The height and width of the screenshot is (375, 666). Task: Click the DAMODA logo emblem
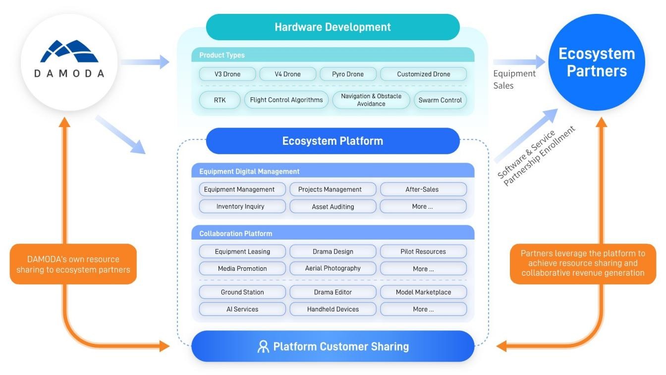point(69,51)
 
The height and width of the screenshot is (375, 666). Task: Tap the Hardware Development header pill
point(333,27)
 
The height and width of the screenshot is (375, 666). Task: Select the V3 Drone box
point(227,74)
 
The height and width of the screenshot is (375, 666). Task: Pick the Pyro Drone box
point(348,74)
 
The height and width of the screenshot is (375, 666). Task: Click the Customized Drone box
point(423,74)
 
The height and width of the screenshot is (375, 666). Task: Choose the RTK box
point(220,100)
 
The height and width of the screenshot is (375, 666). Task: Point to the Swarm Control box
point(440,100)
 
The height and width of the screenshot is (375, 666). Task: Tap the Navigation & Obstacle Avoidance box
point(371,100)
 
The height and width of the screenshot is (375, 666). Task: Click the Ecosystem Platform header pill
point(333,141)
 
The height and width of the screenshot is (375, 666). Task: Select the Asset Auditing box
point(333,206)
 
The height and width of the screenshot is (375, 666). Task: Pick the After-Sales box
point(423,189)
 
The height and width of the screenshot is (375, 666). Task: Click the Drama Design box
point(333,251)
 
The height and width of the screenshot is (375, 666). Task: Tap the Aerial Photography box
point(333,268)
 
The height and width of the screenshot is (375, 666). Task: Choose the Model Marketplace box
point(423,292)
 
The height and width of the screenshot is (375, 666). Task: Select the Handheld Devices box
point(333,309)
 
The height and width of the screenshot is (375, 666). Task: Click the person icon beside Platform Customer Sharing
point(263,346)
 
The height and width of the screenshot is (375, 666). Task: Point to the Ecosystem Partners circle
point(597,62)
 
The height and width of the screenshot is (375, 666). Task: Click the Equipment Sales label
point(514,79)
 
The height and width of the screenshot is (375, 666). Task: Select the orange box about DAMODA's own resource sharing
point(73,264)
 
